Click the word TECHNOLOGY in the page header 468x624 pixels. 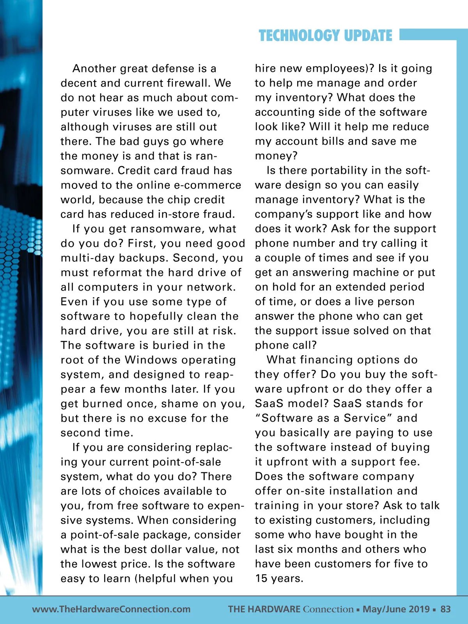point(294,35)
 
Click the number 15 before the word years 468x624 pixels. point(261,578)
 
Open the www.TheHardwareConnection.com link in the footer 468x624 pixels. point(111,609)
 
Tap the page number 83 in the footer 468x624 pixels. point(445,609)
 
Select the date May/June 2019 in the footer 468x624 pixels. point(396,609)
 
